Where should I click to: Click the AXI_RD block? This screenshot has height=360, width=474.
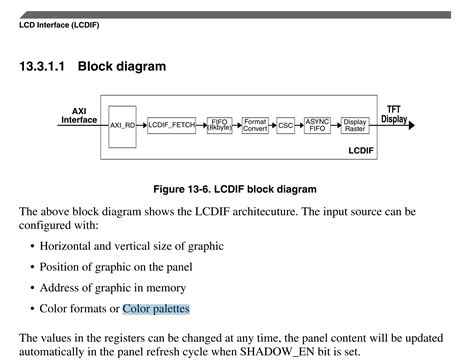pos(122,126)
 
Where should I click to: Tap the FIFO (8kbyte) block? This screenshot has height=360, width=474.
pos(220,125)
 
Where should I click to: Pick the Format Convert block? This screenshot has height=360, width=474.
pos(255,125)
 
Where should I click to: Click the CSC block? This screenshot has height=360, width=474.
pos(286,126)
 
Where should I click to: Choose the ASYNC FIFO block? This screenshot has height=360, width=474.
pos(317,125)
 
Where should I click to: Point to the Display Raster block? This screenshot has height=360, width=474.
pos(355,125)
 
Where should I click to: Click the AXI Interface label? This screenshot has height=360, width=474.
pos(79,116)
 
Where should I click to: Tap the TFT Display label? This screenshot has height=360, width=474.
pos(394,113)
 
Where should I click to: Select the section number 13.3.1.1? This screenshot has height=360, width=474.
pos(42,67)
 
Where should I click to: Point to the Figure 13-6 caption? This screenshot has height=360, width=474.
pos(235,189)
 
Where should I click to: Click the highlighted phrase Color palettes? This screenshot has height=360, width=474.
pos(156,309)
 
